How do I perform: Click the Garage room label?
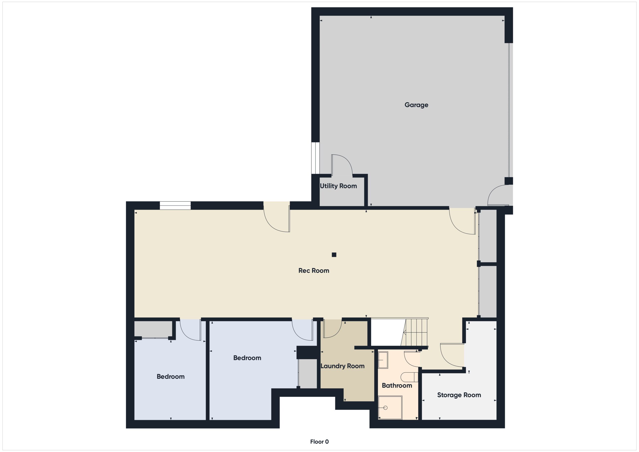tap(416, 105)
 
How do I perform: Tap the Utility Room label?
tap(338, 186)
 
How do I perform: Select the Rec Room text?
tap(314, 271)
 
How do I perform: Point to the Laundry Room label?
tap(342, 366)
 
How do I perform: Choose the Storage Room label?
tap(459, 395)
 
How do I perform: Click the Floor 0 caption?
tap(319, 442)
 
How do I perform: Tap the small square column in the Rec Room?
tap(334, 254)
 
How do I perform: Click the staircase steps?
tap(416, 333)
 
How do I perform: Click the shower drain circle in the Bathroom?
tap(385, 408)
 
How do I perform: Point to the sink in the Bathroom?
tap(383, 360)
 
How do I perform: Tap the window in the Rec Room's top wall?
tap(175, 205)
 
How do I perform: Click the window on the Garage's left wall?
tap(315, 158)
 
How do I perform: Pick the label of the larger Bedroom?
tap(247, 358)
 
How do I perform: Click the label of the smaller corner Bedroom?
tap(170, 377)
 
